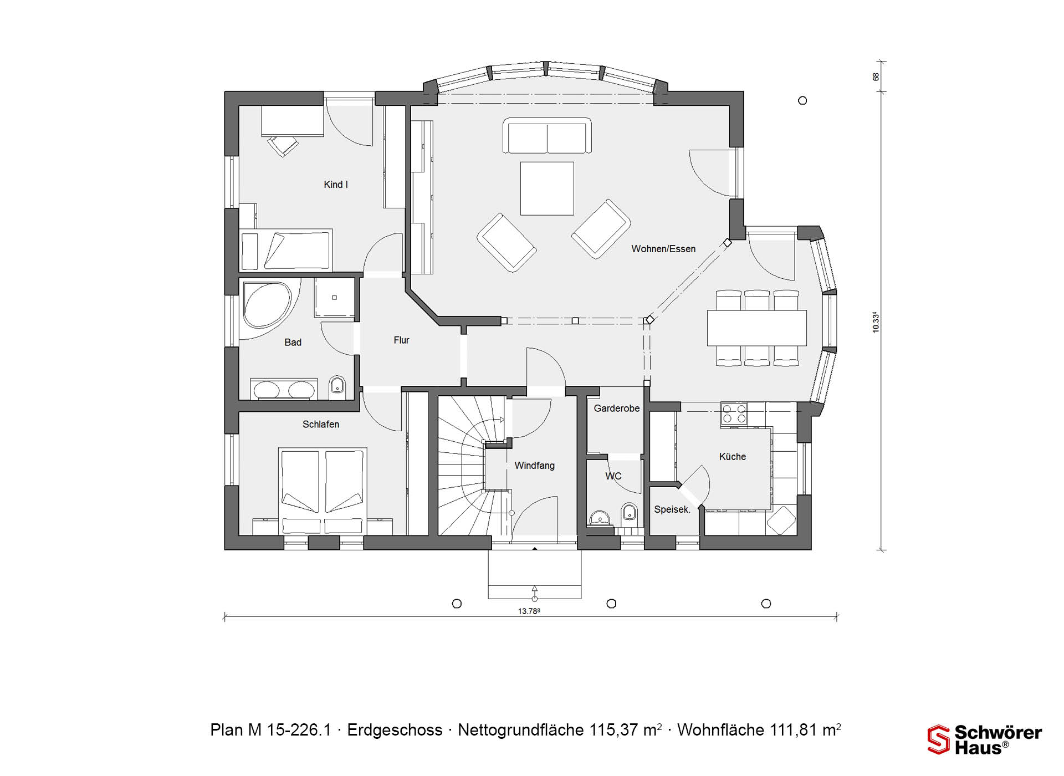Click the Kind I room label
336,185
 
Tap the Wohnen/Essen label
663,249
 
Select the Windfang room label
534,466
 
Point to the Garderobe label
617,409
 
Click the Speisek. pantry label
672,509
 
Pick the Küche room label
733,457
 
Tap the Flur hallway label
401,340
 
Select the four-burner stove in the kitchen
734,414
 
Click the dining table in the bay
756,328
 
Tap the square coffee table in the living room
547,188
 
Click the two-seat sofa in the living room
547,136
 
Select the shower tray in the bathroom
334,298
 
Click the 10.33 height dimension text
876,322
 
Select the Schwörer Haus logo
985,739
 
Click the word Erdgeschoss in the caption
395,730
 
